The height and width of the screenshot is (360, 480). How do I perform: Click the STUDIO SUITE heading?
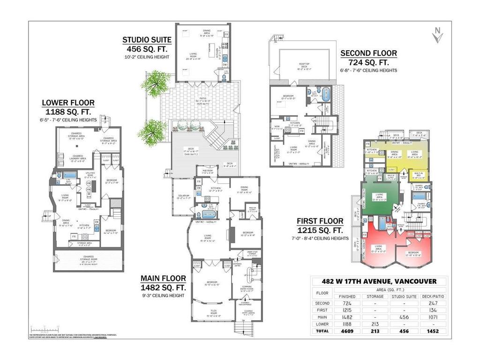click(x=147, y=40)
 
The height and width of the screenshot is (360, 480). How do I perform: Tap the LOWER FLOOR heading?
click(x=68, y=103)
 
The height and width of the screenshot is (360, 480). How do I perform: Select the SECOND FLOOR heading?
click(x=368, y=53)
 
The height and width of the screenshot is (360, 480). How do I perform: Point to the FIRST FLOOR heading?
click(x=320, y=221)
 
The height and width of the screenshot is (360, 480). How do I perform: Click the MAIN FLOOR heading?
click(x=163, y=278)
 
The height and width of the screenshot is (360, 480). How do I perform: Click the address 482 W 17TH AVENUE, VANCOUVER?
click(x=379, y=281)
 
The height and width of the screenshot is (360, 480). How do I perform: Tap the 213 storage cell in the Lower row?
click(x=375, y=323)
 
